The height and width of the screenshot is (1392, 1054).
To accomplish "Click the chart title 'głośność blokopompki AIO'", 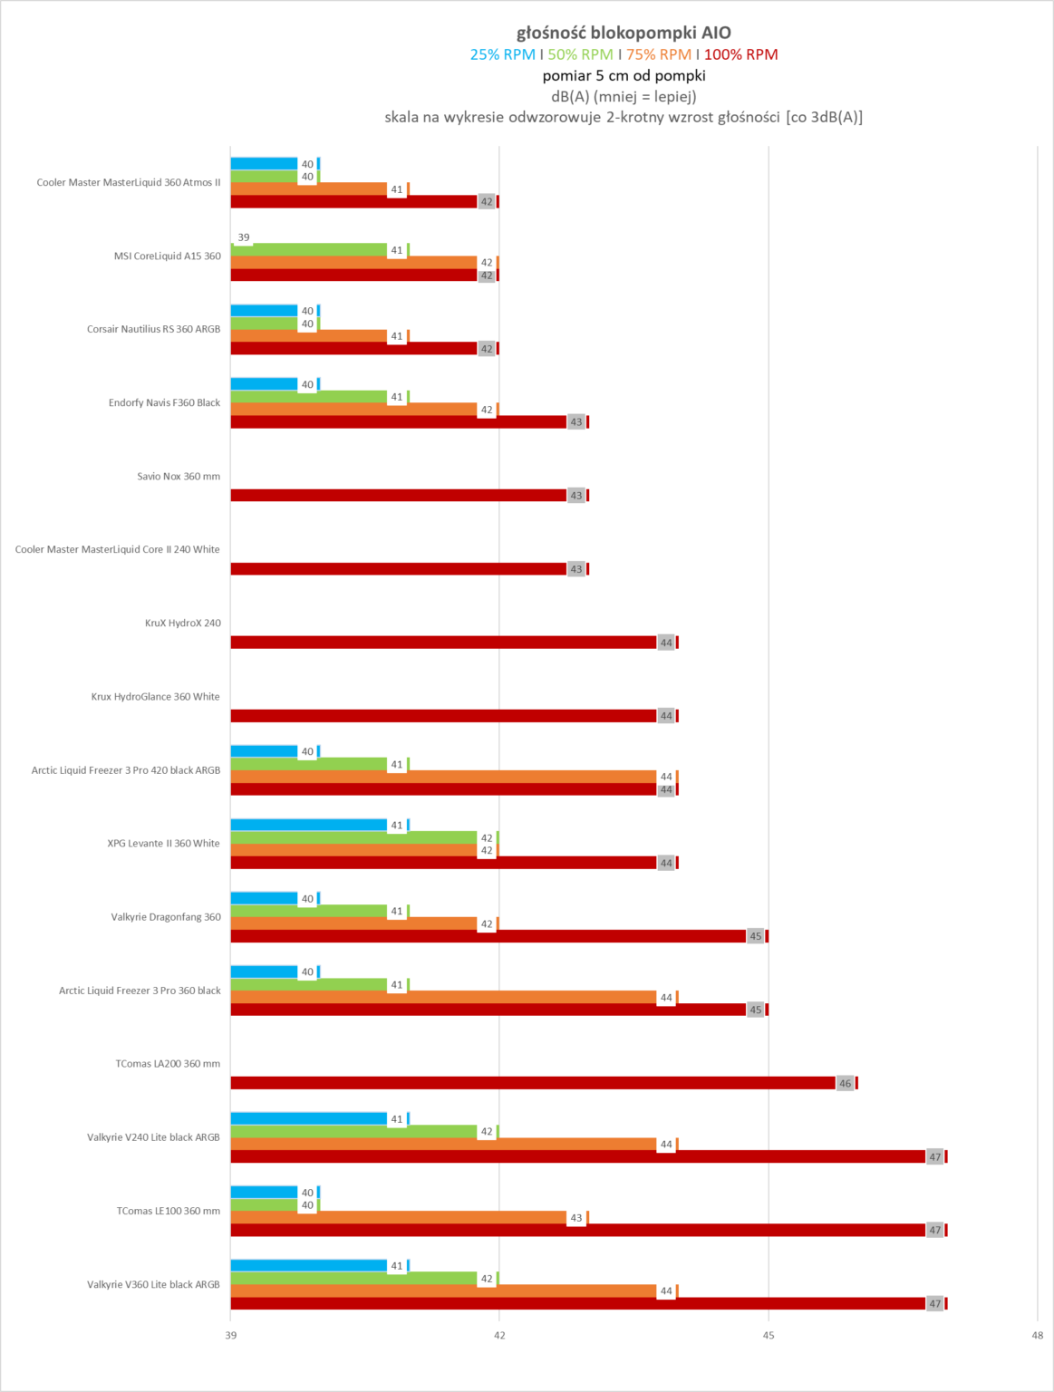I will pos(624,34).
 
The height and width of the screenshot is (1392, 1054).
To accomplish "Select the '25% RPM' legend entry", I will pos(502,54).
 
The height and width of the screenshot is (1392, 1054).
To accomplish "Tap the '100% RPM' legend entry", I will pos(740,54).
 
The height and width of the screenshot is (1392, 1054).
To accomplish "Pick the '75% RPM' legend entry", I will pos(658,54).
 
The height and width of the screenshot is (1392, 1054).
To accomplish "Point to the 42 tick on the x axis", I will pos(499,1335).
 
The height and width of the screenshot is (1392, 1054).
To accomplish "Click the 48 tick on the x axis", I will pos(1037,1335).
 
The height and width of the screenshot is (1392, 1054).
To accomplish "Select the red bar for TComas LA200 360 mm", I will pos(535,1083).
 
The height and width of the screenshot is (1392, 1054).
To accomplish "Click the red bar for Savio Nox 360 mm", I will pos(399,496).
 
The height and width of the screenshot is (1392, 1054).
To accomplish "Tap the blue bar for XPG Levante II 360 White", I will pos(308,825).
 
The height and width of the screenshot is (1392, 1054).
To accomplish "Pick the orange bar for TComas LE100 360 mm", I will pos(399,1218).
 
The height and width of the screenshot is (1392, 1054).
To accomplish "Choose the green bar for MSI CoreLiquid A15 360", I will pos(308,250).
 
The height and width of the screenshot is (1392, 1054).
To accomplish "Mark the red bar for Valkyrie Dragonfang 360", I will pos(489,936).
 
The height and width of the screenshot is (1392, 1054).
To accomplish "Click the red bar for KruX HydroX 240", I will pos(444,643).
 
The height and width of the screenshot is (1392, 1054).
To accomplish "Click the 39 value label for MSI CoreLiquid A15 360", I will pos(244,237).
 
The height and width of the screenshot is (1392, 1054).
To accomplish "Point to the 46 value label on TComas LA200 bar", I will pos(845,1083).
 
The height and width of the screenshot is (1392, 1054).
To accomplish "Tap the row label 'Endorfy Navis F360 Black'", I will pos(164,403).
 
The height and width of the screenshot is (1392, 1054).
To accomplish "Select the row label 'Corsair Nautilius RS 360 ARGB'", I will pos(153,330).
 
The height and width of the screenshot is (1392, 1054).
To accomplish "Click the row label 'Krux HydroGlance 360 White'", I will pos(155,697).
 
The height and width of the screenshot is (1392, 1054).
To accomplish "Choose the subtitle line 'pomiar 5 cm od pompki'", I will pos(624,76).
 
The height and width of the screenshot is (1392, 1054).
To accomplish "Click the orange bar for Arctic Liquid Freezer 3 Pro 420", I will pos(444,777).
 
